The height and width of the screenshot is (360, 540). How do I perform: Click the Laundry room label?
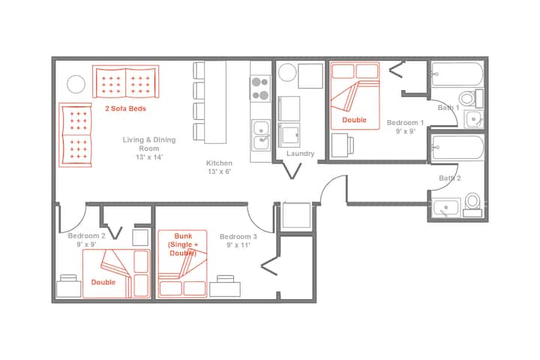tap(300, 154)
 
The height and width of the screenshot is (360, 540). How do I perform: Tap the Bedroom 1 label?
tap(405, 123)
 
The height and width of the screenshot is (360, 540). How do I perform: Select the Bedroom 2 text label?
tap(86, 236)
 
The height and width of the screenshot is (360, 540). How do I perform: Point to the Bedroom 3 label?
tap(238, 237)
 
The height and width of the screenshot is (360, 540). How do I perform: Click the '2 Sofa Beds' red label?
tap(126, 109)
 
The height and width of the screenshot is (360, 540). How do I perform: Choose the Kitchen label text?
tap(219, 163)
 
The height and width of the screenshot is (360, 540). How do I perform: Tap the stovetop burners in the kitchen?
tap(260, 88)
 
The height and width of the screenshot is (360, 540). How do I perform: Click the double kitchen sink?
tap(261, 135)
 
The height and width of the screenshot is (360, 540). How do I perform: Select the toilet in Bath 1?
tap(471, 98)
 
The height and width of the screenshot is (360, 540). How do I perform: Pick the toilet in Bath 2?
tap(472, 205)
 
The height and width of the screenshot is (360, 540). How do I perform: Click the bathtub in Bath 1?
tap(457, 73)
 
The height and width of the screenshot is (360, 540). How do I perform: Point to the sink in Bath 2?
tap(446, 208)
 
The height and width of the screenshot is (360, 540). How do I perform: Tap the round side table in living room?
tap(76, 84)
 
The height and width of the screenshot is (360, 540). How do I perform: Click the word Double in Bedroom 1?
tap(354, 120)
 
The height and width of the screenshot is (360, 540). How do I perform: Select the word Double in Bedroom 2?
tap(103, 282)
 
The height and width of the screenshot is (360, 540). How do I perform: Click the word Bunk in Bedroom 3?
tap(183, 236)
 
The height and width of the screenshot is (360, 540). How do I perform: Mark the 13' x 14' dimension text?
tap(149, 157)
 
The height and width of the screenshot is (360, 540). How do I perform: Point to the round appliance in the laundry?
tap(286, 73)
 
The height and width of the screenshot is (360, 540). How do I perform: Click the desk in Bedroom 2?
tap(68, 286)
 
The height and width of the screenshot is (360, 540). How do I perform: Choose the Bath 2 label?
tap(450, 178)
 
